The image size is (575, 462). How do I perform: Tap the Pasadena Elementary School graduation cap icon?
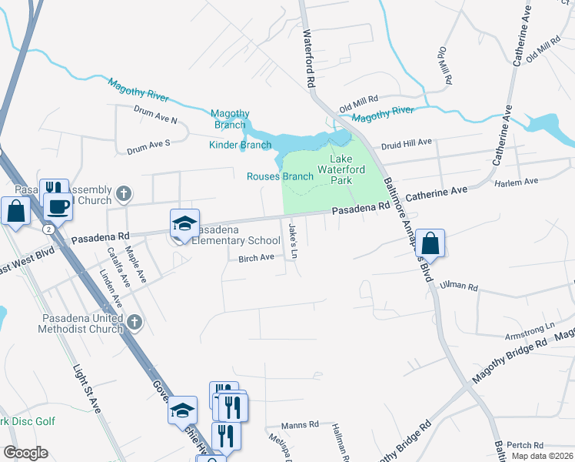coord(184,224)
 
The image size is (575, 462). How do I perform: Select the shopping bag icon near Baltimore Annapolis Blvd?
coord(431,243)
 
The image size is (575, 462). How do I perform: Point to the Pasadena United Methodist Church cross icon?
coord(134,322)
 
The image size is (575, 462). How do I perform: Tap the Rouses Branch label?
coord(280,176)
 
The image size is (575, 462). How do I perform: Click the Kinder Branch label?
coord(240,145)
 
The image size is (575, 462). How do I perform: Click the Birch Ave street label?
coord(256,258)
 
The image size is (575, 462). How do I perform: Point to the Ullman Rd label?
coord(459,286)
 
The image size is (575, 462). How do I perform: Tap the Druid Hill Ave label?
coord(407,142)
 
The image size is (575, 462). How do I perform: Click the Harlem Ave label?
coord(516,182)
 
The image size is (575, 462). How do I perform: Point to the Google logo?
coord(25,453)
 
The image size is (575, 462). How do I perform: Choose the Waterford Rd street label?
coord(311,59)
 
